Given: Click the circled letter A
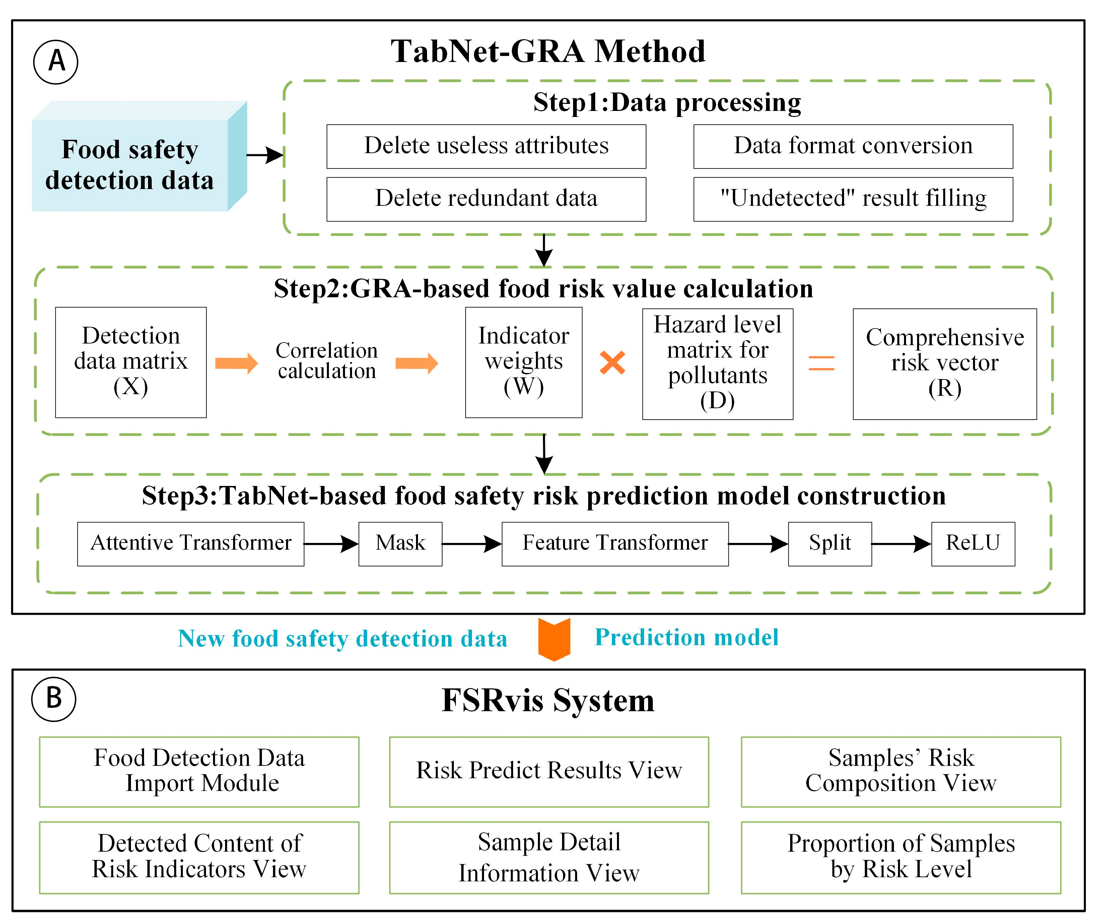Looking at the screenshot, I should point(56,62).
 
